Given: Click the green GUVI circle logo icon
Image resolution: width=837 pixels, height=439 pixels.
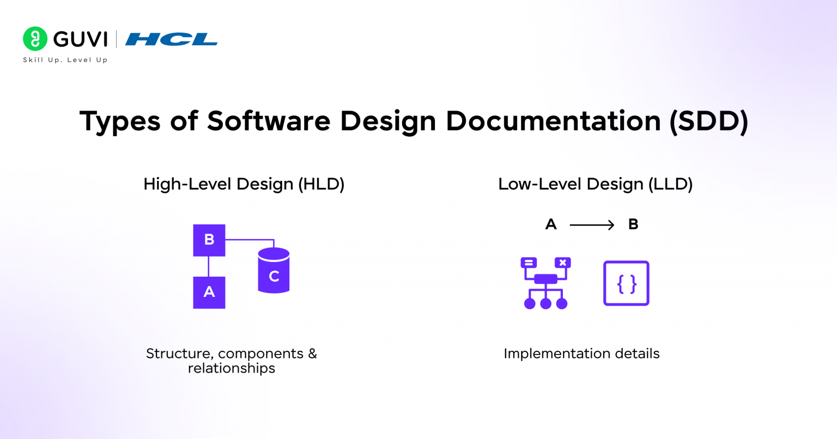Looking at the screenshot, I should pyautogui.click(x=35, y=39).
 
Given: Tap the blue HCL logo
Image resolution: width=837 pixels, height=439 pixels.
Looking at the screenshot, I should pyautogui.click(x=171, y=39).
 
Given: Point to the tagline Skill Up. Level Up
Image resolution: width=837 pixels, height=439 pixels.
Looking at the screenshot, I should pyautogui.click(x=65, y=60).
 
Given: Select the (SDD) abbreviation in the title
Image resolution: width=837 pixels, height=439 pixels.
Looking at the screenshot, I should pyautogui.click(x=708, y=121).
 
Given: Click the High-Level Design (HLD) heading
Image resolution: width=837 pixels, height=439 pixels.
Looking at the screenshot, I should pyautogui.click(x=244, y=184).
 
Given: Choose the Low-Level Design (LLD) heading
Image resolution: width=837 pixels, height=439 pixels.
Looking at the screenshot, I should pyautogui.click(x=595, y=184).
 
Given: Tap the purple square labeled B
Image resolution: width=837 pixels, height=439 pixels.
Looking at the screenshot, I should pyautogui.click(x=209, y=240).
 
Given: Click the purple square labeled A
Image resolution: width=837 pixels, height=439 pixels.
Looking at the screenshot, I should pyautogui.click(x=209, y=292).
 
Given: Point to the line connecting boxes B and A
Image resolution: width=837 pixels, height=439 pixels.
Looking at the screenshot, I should pyautogui.click(x=209, y=266).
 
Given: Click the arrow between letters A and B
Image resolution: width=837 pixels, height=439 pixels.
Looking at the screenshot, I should pyautogui.click(x=592, y=225).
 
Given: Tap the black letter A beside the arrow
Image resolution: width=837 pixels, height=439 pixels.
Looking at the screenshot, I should pyautogui.click(x=551, y=224).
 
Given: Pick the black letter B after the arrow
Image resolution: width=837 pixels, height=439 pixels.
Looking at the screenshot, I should pyautogui.click(x=633, y=224).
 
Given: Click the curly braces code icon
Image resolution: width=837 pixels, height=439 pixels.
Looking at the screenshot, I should pyautogui.click(x=626, y=283).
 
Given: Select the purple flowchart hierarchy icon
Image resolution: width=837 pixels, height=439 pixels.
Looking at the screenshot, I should pyautogui.click(x=545, y=283).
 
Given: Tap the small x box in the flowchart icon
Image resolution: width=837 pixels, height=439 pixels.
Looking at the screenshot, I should pyautogui.click(x=562, y=263).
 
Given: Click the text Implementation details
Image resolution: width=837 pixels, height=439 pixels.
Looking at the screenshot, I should pyautogui.click(x=581, y=353).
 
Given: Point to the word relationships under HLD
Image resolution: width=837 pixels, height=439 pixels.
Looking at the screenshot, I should pyautogui.click(x=232, y=369).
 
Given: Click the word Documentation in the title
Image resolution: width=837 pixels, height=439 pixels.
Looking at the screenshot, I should pyautogui.click(x=553, y=121).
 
